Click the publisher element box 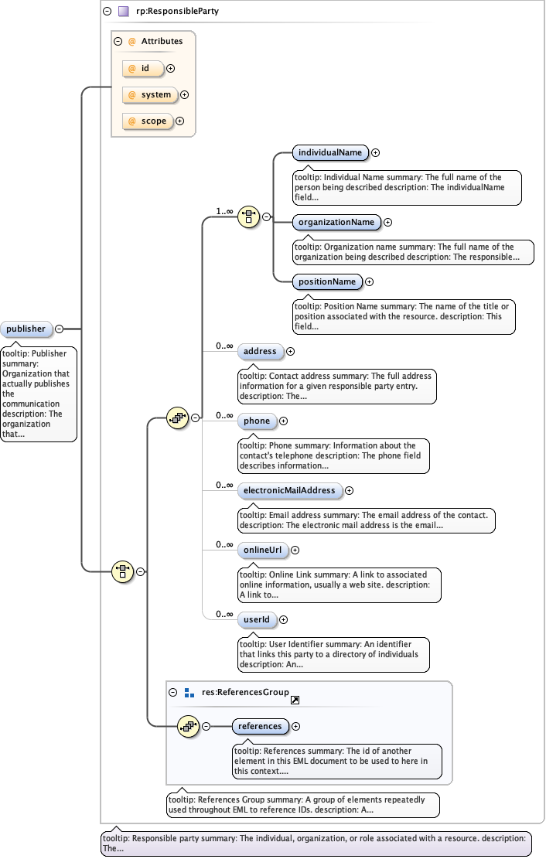[x=27, y=329]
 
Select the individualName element [x=329, y=152]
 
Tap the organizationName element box [x=336, y=222]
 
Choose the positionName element [x=327, y=281]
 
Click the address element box [x=260, y=351]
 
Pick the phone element [x=257, y=421]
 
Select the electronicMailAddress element [x=289, y=490]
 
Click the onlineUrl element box [x=261, y=550]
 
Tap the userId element [x=256, y=619]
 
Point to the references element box [x=260, y=726]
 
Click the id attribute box [x=143, y=69]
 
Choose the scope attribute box [x=147, y=121]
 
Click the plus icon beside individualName [x=375, y=153]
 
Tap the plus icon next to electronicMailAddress [x=349, y=490]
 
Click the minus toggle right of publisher [x=59, y=329]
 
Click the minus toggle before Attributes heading [x=118, y=42]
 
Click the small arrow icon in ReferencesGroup [x=295, y=700]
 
